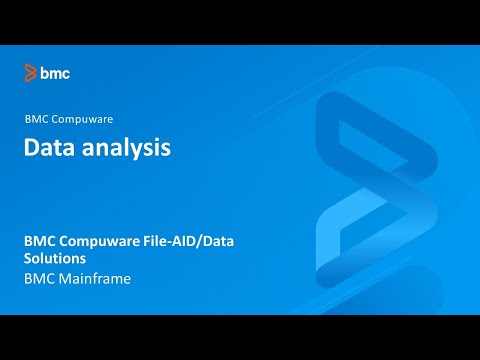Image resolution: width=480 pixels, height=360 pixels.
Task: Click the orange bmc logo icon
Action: (31, 72)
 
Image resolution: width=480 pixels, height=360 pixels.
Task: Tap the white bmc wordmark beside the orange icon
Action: (55, 72)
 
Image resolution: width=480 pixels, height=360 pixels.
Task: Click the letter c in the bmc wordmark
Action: (65, 73)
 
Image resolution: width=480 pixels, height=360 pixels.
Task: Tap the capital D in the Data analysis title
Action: (32, 148)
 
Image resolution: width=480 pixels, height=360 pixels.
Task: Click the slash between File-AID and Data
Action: (210, 241)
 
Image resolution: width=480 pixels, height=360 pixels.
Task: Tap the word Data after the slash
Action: (230, 241)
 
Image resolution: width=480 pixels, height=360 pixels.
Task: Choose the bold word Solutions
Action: (55, 259)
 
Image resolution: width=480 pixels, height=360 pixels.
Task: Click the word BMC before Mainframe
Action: (39, 279)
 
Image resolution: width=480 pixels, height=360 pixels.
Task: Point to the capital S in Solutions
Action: (28, 259)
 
